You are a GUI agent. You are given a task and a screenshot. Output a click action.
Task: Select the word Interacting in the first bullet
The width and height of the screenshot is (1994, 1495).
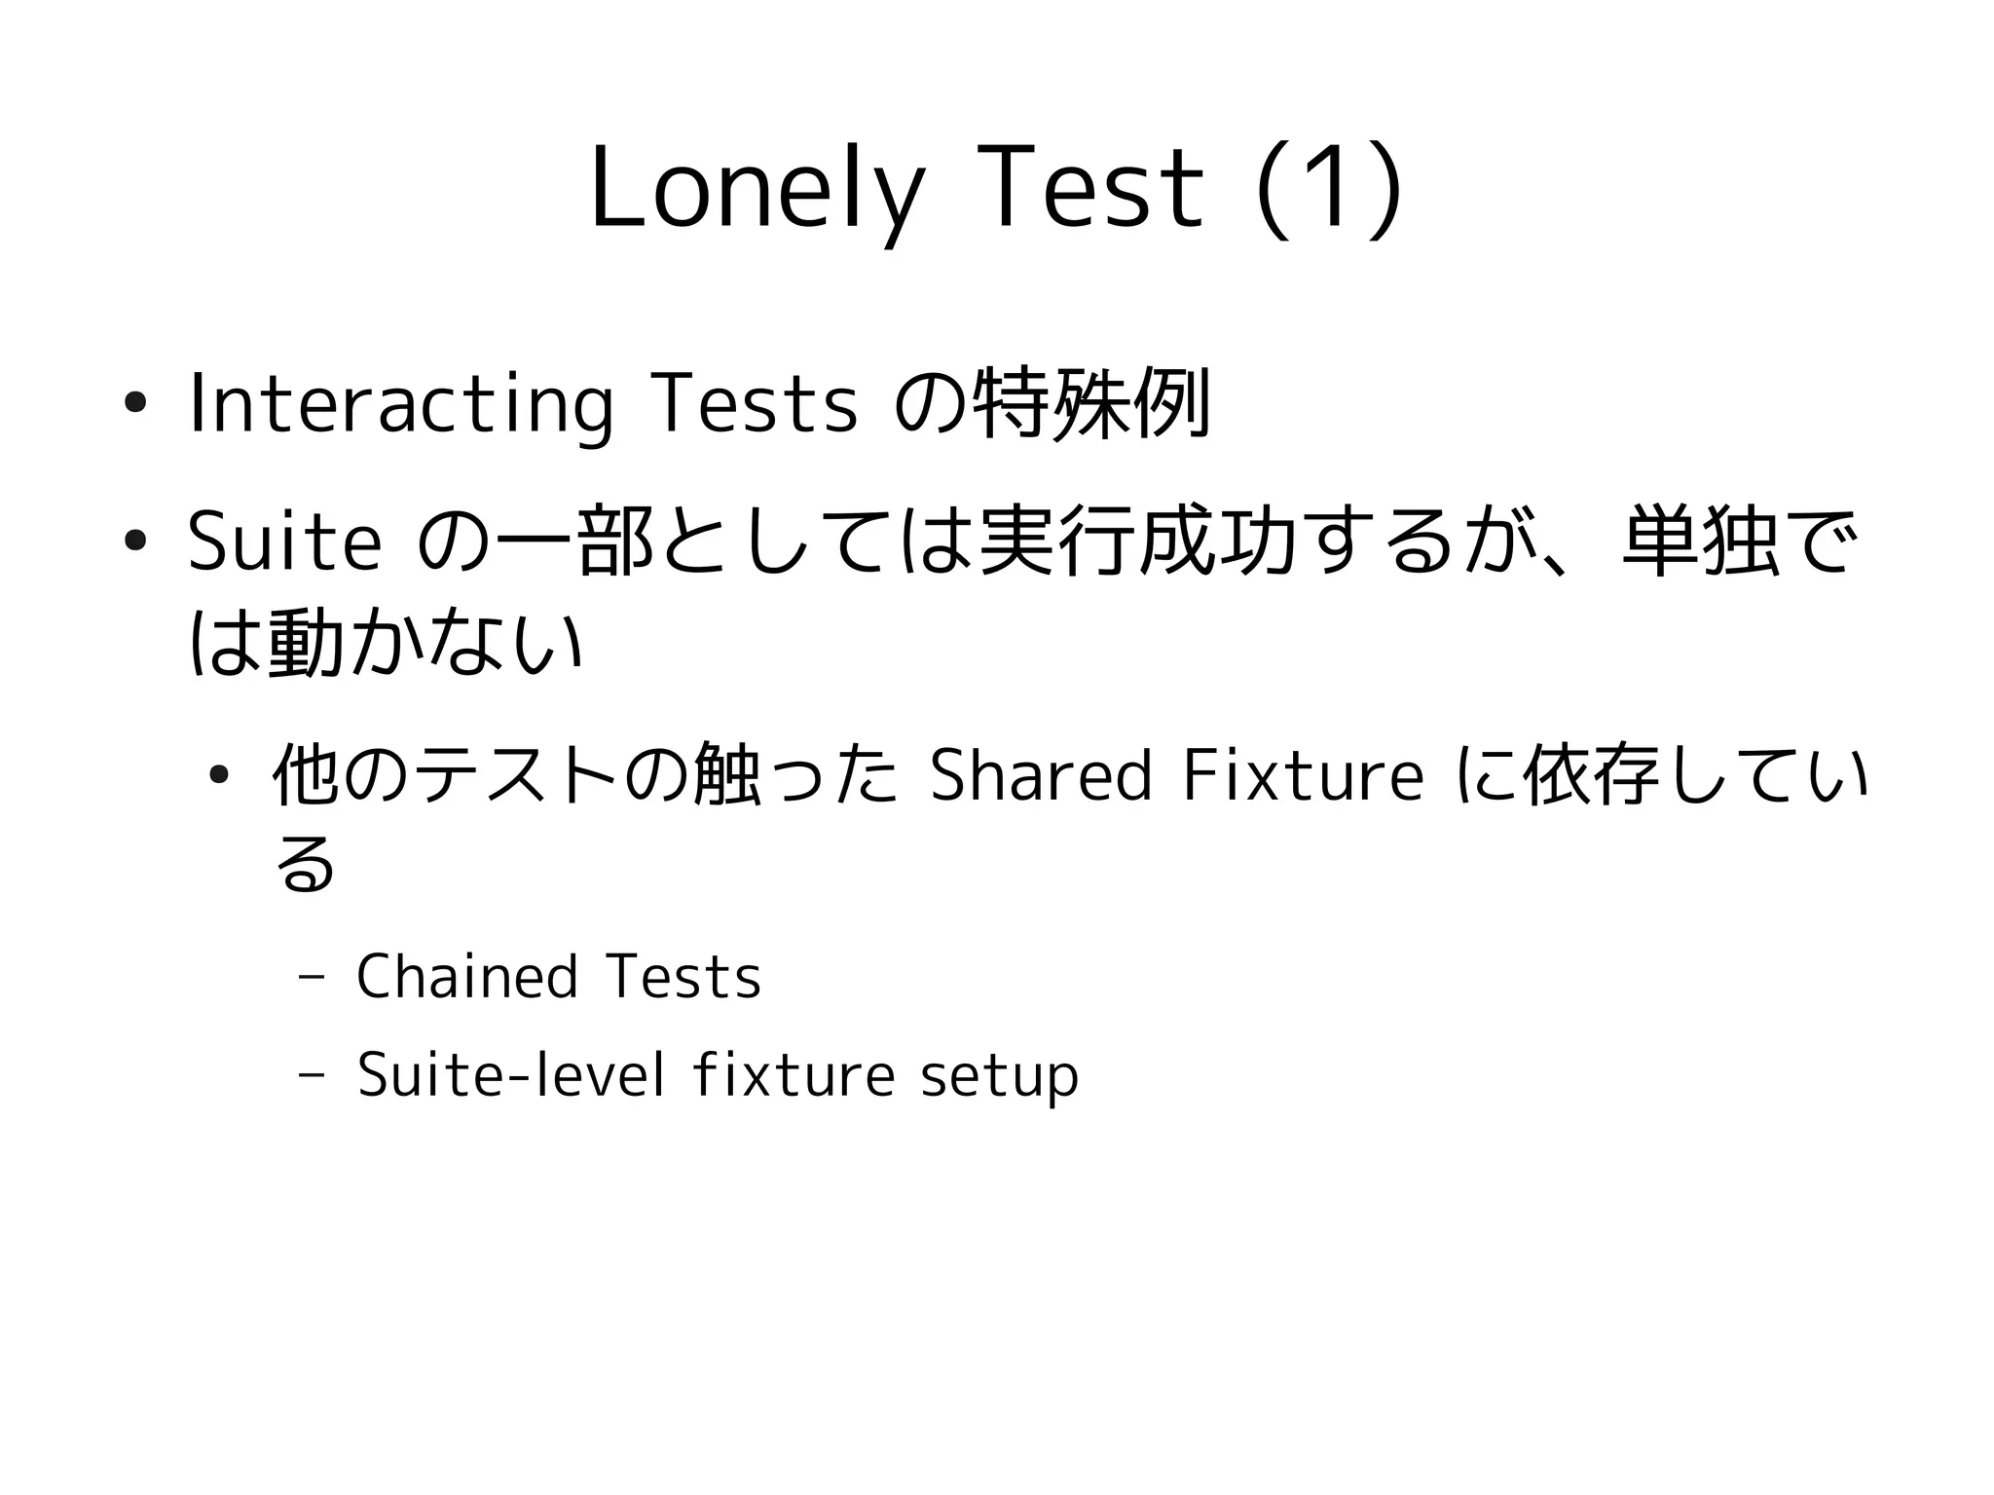point(400,403)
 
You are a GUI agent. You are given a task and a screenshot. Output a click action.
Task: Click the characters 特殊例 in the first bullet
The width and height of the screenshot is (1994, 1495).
point(1091,403)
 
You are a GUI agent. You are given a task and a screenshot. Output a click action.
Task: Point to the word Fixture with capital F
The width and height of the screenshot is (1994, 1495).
point(1304,775)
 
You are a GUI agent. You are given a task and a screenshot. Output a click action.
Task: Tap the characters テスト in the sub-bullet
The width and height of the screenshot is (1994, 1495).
point(516,775)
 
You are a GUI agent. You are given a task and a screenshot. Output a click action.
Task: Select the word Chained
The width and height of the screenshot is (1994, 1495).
point(467,976)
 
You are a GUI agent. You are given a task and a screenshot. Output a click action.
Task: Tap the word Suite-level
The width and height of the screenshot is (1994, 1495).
point(511,1075)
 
